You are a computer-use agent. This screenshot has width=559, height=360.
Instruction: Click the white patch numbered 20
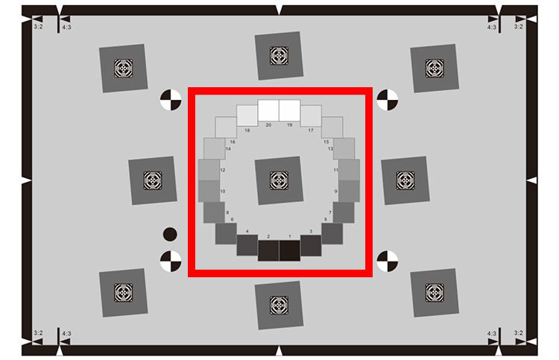click(x=268, y=110)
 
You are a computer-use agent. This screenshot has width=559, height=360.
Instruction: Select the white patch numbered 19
click(x=289, y=110)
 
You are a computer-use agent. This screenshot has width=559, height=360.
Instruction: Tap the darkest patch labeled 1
click(x=289, y=250)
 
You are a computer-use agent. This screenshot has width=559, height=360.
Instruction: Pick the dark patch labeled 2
click(x=268, y=250)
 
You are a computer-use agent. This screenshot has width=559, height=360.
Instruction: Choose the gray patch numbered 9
click(x=350, y=192)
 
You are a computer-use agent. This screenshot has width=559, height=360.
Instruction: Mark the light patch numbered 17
click(x=311, y=116)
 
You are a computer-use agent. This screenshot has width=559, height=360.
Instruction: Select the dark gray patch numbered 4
click(x=247, y=244)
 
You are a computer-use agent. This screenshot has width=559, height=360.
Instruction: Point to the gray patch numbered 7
click(x=344, y=212)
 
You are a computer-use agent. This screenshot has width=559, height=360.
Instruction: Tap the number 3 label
click(x=310, y=232)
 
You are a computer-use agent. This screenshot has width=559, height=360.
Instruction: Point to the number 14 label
click(x=228, y=149)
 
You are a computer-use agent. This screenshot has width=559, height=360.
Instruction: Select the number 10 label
click(x=222, y=192)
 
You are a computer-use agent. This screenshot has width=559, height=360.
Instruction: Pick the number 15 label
click(x=326, y=142)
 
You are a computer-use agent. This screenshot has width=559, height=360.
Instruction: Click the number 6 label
click(x=233, y=219)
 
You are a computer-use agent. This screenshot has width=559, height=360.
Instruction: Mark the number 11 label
click(x=336, y=171)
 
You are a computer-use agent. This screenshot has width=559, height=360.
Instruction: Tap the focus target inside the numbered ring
click(x=279, y=181)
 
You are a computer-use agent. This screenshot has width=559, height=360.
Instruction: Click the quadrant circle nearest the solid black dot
click(x=171, y=261)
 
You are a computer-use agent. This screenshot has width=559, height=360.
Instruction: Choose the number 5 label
click(x=325, y=219)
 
